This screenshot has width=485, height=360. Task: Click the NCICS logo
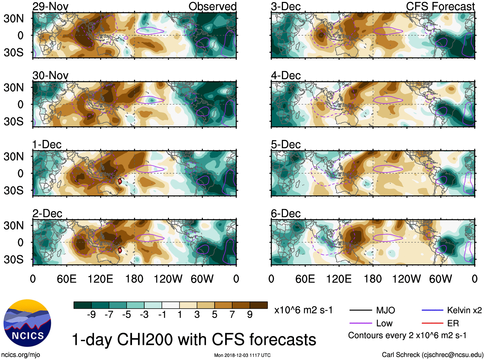(27, 323)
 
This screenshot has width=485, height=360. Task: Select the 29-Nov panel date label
(50, 6)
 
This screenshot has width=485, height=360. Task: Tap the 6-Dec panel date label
(286, 214)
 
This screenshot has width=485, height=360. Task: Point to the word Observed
(212, 6)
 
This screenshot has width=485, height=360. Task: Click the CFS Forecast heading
(440, 6)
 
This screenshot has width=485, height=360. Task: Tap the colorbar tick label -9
(91, 315)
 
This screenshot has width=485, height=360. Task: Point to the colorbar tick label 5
(215, 315)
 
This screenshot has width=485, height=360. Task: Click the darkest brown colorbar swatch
(259, 305)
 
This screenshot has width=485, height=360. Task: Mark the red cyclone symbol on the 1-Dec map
(120, 181)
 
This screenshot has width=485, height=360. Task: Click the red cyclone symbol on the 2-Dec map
(120, 250)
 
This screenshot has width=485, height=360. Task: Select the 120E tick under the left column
(101, 279)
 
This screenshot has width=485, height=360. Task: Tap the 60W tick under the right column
(440, 279)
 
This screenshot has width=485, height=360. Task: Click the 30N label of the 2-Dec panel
(14, 225)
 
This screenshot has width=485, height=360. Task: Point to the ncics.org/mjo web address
(21, 355)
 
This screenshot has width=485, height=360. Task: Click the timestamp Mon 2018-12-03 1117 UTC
(242, 355)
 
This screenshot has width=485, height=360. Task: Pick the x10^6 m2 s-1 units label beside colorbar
(303, 310)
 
